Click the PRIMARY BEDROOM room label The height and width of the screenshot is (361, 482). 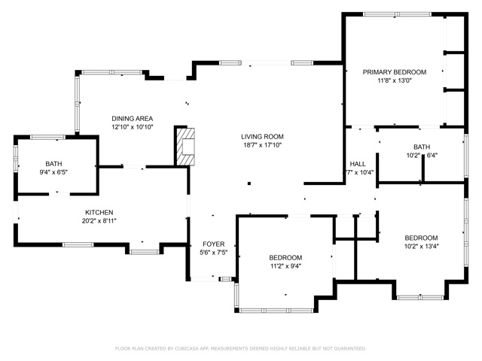[x=394, y=72]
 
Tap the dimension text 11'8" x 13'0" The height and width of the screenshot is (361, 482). [x=394, y=81]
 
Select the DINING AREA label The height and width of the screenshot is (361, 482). [x=133, y=119]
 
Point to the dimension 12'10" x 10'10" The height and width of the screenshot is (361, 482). [x=133, y=128]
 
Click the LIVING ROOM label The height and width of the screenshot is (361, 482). [x=262, y=137]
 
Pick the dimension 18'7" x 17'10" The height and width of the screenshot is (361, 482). [x=262, y=146]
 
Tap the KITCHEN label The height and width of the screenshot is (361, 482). [x=99, y=212]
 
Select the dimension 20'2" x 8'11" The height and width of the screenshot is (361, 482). [x=99, y=221]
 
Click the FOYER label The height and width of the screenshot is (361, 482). [x=213, y=244]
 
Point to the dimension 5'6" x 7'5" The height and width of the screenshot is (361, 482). [x=213, y=253]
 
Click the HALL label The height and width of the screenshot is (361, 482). [x=358, y=164]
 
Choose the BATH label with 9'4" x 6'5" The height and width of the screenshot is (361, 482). [x=53, y=163]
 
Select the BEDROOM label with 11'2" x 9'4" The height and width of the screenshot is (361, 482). [x=285, y=257]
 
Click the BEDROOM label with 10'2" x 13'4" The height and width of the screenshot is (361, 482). [x=421, y=237]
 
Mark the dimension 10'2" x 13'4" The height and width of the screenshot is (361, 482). [x=421, y=246]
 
